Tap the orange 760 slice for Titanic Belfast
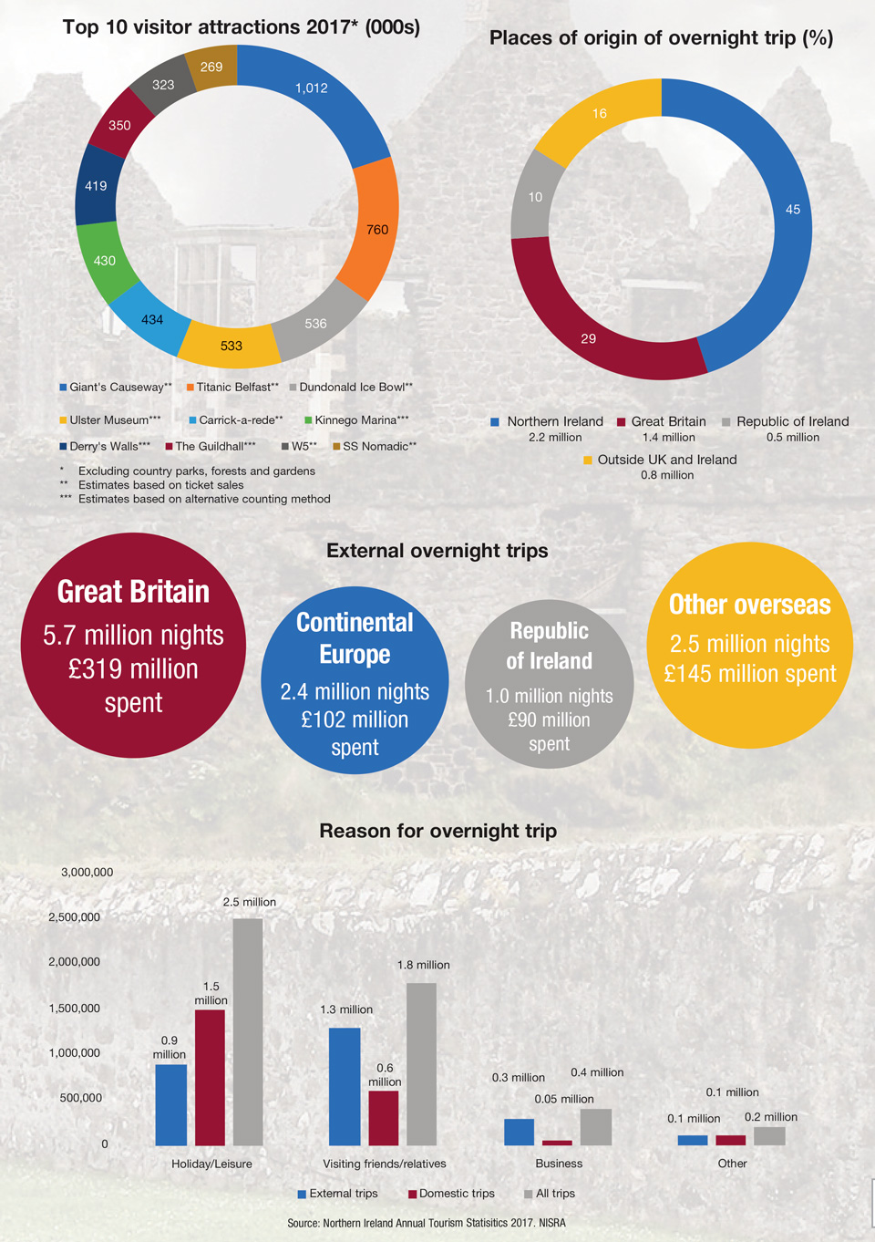click(x=376, y=229)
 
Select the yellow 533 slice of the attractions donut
click(x=232, y=346)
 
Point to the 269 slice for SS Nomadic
click(x=211, y=67)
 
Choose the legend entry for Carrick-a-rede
click(x=235, y=420)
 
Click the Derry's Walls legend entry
click(x=105, y=446)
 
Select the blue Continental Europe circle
click(x=355, y=680)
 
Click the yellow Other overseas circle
click(x=749, y=645)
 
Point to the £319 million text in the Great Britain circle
click(x=133, y=669)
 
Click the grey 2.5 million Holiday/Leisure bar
click(x=248, y=1030)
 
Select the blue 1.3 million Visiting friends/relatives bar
click(x=345, y=1085)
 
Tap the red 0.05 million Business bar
click(x=557, y=1143)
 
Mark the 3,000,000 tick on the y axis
click(x=87, y=873)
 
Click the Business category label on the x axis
click(x=559, y=1164)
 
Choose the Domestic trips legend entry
click(x=451, y=1194)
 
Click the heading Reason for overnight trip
click(x=437, y=831)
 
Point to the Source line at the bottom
click(x=427, y=1223)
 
